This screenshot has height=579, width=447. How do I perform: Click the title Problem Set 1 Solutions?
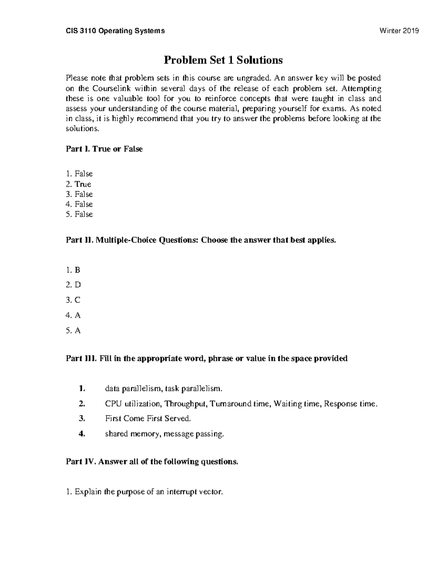pyautogui.click(x=223, y=60)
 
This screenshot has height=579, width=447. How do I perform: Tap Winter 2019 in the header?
pyautogui.click(x=399, y=31)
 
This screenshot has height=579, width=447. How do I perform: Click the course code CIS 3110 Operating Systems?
pyautogui.click(x=115, y=31)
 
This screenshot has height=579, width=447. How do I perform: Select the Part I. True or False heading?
pyautogui.click(x=104, y=149)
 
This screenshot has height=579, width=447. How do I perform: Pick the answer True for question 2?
pyautogui.click(x=83, y=184)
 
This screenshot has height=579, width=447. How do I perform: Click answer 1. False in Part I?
pyautogui.click(x=79, y=174)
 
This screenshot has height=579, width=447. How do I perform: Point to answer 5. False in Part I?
pyautogui.click(x=79, y=214)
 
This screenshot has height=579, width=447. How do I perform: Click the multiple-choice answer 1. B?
pyautogui.click(x=73, y=270)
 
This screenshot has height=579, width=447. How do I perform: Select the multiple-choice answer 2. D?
pyautogui.click(x=73, y=285)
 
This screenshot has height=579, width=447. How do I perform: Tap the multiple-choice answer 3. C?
pyautogui.click(x=73, y=300)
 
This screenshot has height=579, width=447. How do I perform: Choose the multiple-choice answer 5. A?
pyautogui.click(x=73, y=331)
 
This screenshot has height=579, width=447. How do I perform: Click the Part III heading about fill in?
pyautogui.click(x=207, y=359)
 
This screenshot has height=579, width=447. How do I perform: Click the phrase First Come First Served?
pyautogui.click(x=148, y=419)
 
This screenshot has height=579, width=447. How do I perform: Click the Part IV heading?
pyautogui.click(x=152, y=462)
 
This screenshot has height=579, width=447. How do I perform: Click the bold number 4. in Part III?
pyautogui.click(x=82, y=434)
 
